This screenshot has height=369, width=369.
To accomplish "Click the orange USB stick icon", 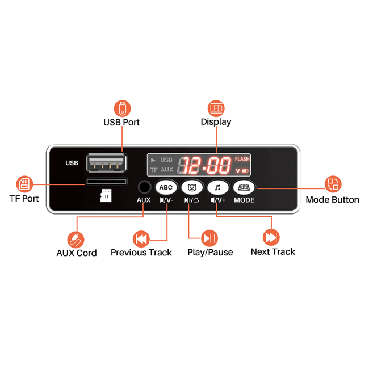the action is pyautogui.click(x=122, y=108).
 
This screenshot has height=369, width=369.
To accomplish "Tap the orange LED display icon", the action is pyautogui.click(x=216, y=108).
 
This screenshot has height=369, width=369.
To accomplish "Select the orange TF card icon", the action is pyautogui.click(x=24, y=184).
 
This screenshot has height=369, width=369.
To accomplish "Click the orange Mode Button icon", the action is pyautogui.click(x=333, y=184).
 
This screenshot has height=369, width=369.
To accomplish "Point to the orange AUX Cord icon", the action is pyautogui.click(x=76, y=240).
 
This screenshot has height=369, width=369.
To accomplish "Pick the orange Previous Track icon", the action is pyautogui.click(x=141, y=239).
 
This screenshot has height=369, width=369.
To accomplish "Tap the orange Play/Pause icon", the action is pyautogui.click(x=209, y=238).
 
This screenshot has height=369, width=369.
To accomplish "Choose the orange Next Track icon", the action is pyautogui.click(x=271, y=237).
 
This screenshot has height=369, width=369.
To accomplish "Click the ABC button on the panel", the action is pyautogui.click(x=166, y=187).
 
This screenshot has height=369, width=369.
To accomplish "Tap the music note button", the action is pyautogui.click(x=218, y=187).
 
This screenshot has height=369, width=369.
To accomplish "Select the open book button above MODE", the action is pyautogui.click(x=244, y=187).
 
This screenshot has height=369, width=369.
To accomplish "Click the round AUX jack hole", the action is pyautogui.click(x=144, y=187).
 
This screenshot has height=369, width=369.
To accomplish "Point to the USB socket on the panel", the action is pyautogui.click(x=106, y=162).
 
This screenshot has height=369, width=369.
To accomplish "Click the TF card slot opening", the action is pyautogui.click(x=107, y=182).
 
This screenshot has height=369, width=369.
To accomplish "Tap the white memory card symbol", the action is pyautogui.click(x=106, y=195).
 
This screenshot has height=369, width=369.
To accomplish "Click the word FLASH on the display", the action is pyautogui.click(x=242, y=159).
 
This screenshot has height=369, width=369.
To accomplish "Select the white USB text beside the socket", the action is pyautogui.click(x=72, y=163).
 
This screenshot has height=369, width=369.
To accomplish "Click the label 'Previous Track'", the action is pyautogui.click(x=141, y=253).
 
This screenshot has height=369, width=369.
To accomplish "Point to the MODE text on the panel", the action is pyautogui.click(x=244, y=200).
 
